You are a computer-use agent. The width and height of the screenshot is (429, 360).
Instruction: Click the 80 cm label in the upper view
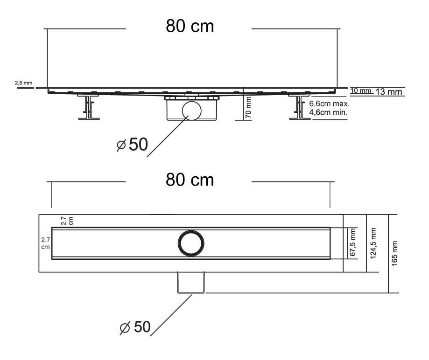pyautogui.click(x=190, y=26)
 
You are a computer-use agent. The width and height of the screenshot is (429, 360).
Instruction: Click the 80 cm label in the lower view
pyautogui.click(x=190, y=180)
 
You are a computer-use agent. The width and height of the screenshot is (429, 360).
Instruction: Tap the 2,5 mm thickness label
pyautogui.click(x=23, y=83)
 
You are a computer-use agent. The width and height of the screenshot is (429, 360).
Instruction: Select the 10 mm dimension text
pyautogui.click(x=360, y=90)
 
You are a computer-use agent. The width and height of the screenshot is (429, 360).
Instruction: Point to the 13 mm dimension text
pyautogui.click(x=388, y=91)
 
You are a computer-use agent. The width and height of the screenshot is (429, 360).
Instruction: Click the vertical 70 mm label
pyautogui.click(x=248, y=107)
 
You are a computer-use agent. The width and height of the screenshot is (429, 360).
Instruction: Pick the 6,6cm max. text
pyautogui.click(x=329, y=104)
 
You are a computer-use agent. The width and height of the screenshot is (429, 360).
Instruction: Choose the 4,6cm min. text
pyautogui.click(x=328, y=112)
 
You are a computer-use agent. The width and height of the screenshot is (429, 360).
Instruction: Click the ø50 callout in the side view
pyautogui.click(x=132, y=145)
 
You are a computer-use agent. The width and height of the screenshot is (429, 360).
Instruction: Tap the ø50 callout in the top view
pyautogui.click(x=135, y=327)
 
